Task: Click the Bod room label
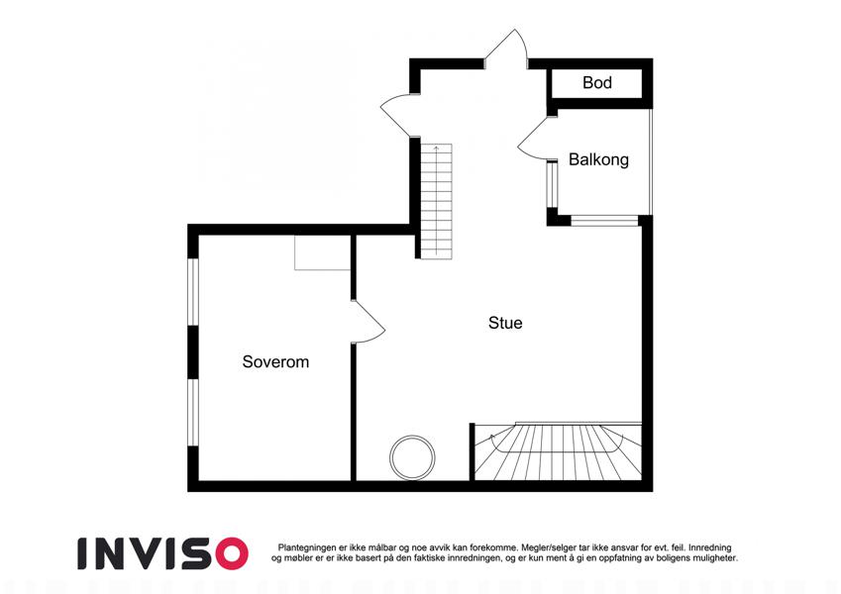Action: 597,82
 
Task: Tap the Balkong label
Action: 598,159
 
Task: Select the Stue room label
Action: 505,323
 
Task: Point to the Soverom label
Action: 275,362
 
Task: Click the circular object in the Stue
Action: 412,437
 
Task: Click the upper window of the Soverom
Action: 193,292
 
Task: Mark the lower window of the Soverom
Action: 193,413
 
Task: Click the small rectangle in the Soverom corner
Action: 322,252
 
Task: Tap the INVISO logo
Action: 163,553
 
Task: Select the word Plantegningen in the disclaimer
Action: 307,547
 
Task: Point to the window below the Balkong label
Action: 604,221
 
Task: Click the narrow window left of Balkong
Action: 552,184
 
